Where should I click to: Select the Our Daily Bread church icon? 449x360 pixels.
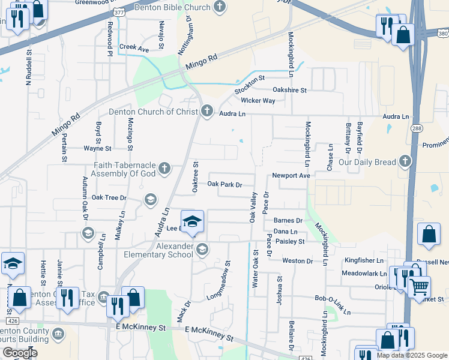tap(405, 161)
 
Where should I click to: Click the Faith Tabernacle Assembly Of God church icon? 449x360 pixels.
tap(164, 169)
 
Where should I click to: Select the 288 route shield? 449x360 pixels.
tap(416, 128)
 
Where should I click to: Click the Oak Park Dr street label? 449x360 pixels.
tap(224, 185)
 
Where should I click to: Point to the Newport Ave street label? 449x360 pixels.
tap(291, 176)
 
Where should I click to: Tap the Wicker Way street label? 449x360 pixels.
tap(258, 100)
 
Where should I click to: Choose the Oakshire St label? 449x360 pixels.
tap(289, 90)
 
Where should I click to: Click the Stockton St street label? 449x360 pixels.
tap(250, 84)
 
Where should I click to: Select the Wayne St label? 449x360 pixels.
tap(97, 148)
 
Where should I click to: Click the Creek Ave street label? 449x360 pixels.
tap(134, 47)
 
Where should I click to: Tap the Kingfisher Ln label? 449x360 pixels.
tap(363, 260)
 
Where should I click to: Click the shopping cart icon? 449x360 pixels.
tap(419, 286)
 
